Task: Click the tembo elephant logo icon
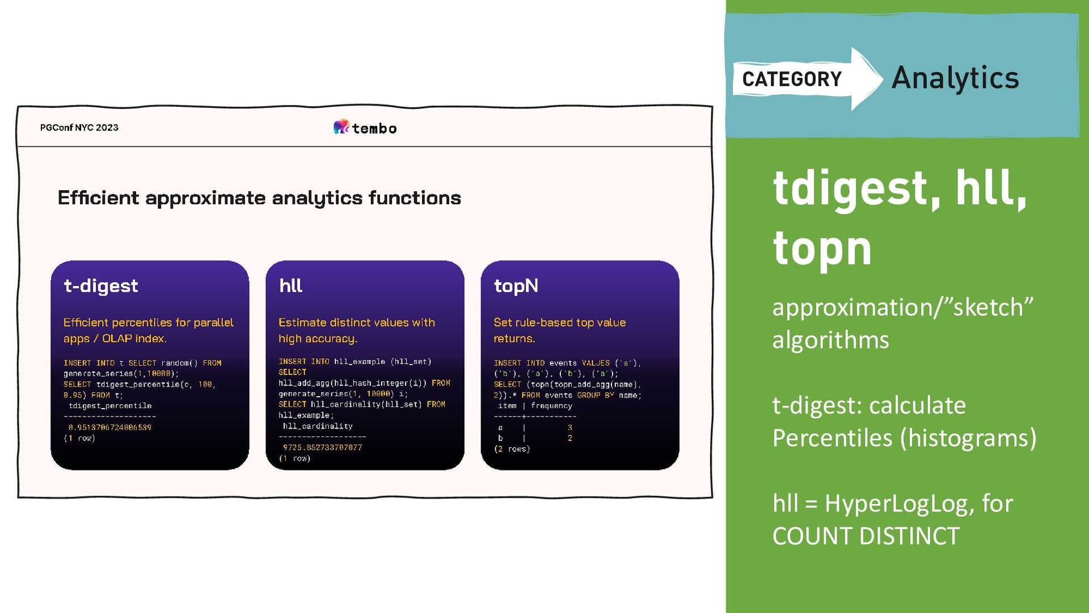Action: (x=341, y=127)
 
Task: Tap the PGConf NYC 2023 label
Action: (x=79, y=128)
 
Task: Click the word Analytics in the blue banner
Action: (x=955, y=78)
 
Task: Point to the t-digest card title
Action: (x=101, y=285)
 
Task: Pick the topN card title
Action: (x=516, y=285)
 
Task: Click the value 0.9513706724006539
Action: (x=110, y=427)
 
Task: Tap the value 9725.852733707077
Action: (x=322, y=447)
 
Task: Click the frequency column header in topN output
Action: (x=551, y=406)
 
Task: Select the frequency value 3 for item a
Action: (x=569, y=427)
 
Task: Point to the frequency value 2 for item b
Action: (x=569, y=438)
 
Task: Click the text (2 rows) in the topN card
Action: (x=512, y=449)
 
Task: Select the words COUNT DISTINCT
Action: (x=866, y=536)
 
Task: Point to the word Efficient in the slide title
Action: (x=98, y=198)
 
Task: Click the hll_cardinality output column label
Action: (x=318, y=426)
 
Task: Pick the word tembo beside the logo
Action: (x=374, y=129)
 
